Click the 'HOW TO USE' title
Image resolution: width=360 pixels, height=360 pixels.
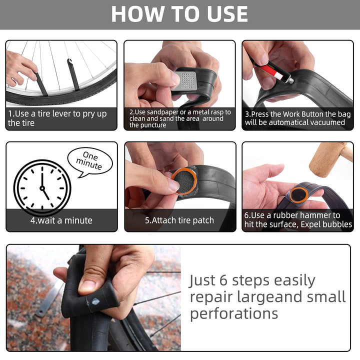point(179,14)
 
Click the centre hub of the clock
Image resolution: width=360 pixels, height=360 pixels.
point(42,188)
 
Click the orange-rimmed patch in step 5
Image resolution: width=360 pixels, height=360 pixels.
point(184,181)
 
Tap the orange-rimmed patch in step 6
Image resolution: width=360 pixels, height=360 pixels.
point(299,195)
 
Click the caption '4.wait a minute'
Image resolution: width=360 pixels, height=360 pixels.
point(61,220)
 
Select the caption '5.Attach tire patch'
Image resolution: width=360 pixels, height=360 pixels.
point(179,220)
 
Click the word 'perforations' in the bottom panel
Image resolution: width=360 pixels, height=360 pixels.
point(234,313)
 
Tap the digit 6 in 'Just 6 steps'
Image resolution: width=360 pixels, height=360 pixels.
point(223,280)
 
